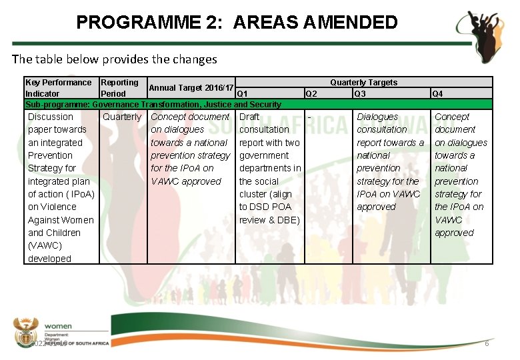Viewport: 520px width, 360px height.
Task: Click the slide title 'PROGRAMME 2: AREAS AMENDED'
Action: point(237,23)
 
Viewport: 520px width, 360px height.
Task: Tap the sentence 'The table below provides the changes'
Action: point(115,59)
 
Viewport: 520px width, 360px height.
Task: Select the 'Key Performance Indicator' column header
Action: point(58,88)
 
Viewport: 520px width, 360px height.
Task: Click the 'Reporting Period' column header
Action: point(119,88)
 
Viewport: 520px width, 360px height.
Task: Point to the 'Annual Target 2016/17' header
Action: point(191,88)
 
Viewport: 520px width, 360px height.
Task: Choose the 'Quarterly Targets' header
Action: point(363,83)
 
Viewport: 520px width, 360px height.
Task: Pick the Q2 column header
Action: point(311,94)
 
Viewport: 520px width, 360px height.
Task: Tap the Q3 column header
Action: point(360,94)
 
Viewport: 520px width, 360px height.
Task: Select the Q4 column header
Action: point(437,94)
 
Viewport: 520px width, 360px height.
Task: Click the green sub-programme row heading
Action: point(153,104)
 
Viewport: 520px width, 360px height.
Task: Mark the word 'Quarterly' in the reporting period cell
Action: point(122,117)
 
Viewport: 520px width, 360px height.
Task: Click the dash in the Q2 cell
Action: point(309,117)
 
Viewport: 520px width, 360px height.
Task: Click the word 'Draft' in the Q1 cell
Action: point(249,117)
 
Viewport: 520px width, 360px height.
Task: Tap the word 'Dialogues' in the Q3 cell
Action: point(377,117)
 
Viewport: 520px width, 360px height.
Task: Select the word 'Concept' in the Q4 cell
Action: point(452,117)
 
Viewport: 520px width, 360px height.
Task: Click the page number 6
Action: point(487,343)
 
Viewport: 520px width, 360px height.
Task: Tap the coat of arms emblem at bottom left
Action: point(27,331)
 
